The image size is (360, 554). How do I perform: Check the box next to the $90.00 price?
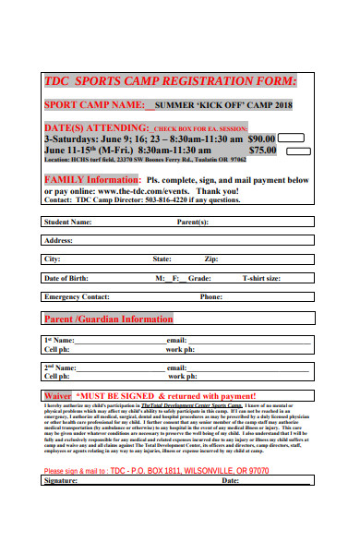pos(293,137)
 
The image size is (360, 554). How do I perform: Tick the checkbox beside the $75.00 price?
pos(293,148)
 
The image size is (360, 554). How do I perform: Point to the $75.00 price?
pos(262,148)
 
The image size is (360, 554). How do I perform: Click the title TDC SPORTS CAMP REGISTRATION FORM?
pos(171,80)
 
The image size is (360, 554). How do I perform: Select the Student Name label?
pos(68,222)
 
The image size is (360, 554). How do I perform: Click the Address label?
pos(59,240)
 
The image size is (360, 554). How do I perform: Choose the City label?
pos(53,259)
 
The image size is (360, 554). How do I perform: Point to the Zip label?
pos(211,259)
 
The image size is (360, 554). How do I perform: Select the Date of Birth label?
pos(66,278)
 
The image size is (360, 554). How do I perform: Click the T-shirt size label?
pos(261,278)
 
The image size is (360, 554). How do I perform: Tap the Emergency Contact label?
pos(77,296)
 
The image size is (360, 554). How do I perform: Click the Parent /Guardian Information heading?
pos(108,319)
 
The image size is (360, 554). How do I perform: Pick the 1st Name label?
pos(60,341)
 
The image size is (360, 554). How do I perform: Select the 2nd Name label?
pos(61,367)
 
